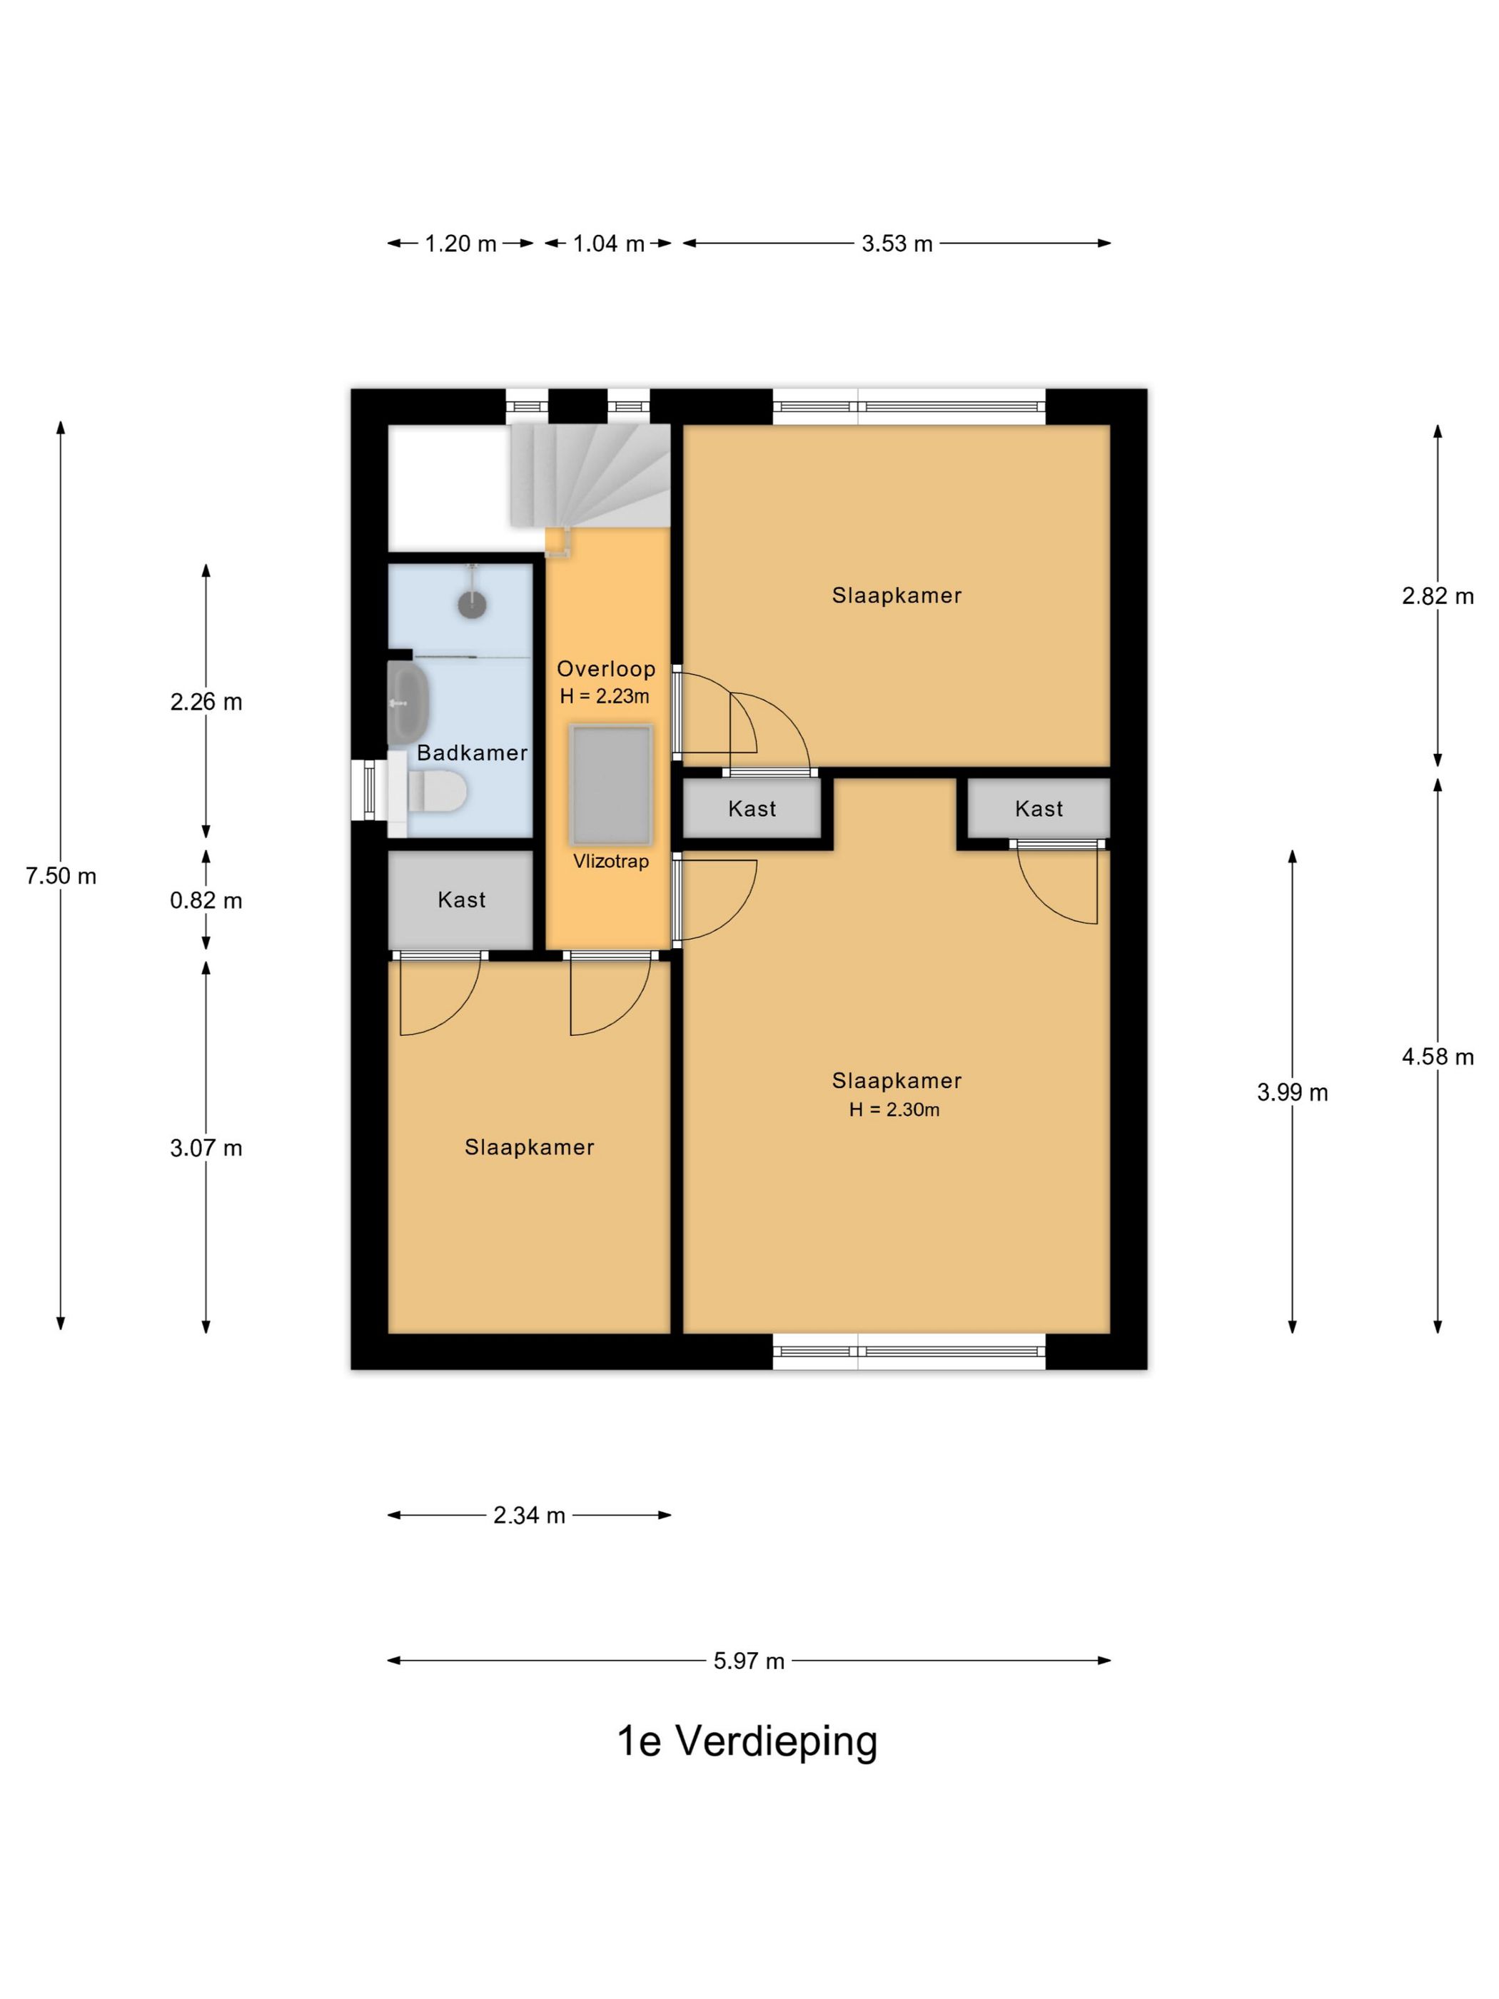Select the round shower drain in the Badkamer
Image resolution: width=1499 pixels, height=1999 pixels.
point(473,603)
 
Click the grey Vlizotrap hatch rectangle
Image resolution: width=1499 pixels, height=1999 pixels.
point(611,785)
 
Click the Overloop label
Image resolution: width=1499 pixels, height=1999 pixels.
point(605,670)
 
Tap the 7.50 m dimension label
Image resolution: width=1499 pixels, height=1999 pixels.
point(61,876)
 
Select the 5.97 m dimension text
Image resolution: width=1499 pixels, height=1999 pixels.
point(749,1661)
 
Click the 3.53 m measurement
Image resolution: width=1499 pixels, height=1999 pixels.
point(897,244)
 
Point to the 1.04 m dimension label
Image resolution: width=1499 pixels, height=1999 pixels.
point(608,244)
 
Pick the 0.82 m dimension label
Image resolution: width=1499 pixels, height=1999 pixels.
point(206,901)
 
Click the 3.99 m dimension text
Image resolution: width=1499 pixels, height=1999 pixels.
point(1292,1092)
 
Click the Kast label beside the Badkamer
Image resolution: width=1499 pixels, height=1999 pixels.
point(462,900)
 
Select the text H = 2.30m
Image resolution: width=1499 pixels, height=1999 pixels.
point(894,1109)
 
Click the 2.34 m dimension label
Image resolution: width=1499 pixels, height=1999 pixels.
point(529,1516)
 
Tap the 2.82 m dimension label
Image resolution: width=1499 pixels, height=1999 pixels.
point(1438,596)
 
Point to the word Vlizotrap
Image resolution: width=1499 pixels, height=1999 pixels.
point(611,861)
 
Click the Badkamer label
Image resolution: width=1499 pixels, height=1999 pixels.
point(472,752)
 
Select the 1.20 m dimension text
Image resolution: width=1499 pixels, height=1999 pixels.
point(461,244)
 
